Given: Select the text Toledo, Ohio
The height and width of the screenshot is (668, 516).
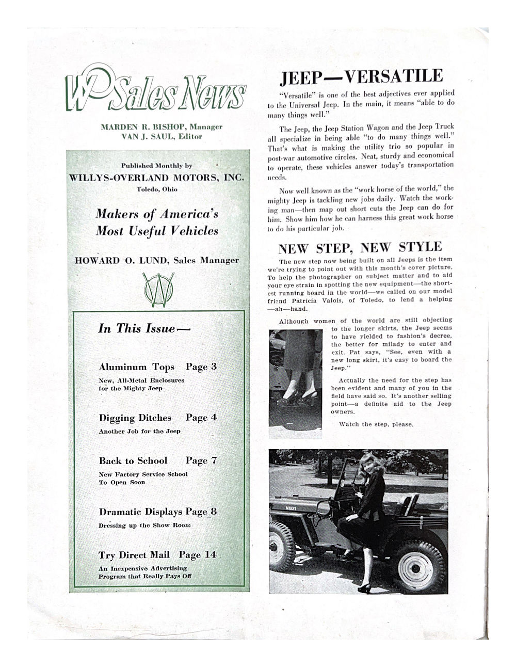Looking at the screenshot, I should [156, 189].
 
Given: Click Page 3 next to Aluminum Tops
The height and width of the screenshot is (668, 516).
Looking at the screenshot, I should [201, 367].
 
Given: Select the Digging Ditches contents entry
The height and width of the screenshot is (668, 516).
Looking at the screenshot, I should [135, 418].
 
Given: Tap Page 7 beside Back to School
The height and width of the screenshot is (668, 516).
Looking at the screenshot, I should [201, 460].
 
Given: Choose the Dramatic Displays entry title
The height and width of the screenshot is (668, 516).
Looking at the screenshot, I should [140, 512].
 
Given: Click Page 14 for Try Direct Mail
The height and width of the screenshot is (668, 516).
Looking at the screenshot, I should [198, 555].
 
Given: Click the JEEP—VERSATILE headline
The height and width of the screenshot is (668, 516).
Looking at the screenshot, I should [361, 77].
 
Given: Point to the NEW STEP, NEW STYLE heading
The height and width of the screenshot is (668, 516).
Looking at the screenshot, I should [360, 248].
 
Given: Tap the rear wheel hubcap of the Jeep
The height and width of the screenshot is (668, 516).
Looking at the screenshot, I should [415, 567].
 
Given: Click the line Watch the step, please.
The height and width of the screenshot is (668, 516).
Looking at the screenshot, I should [376, 424].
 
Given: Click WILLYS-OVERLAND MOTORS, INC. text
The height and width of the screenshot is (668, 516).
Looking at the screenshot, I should [156, 177].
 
